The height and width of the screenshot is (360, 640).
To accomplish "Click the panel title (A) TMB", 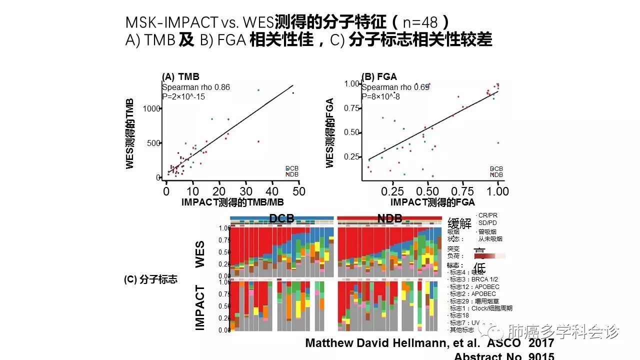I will (180, 77).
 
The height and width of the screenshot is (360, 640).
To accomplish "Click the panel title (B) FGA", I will (379, 77).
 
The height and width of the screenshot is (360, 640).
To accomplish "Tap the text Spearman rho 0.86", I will (195, 87).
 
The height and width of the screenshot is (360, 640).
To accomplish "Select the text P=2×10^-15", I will (183, 96).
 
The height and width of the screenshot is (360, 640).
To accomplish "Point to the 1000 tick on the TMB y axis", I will (151, 108).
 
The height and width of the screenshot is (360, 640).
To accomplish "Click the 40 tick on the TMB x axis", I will (272, 191).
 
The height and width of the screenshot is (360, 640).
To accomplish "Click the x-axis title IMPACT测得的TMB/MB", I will (232, 202).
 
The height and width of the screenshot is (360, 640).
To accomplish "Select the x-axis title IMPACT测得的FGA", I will (432, 202).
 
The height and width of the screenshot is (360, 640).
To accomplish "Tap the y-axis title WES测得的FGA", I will (329, 132).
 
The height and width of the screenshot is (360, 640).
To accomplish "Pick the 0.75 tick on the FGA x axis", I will (462, 191).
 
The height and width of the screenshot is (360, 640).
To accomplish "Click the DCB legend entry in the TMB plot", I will (292, 169).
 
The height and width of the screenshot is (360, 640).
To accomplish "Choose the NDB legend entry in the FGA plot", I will (496, 174).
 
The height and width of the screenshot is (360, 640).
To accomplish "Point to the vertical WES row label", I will (200, 254).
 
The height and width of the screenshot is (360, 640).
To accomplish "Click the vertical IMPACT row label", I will (200, 307).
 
